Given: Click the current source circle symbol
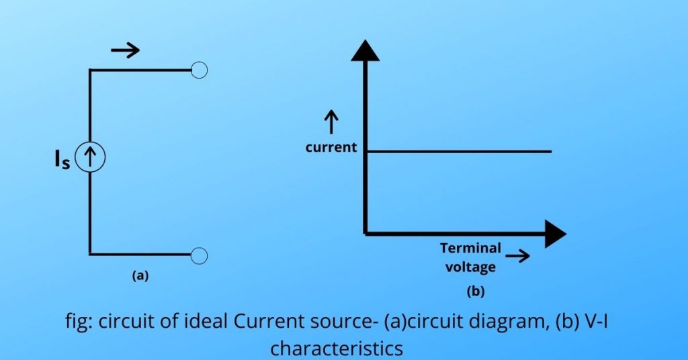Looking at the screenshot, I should coord(90,159).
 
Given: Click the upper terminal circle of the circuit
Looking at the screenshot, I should coord(199,70).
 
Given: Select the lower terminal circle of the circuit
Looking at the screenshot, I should coord(199,255).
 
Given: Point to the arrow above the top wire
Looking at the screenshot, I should coord(125,50).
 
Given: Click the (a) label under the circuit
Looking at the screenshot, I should coord(140,275).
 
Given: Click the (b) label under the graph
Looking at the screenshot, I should coord(475,291).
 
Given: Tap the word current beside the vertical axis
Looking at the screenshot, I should coord(331,147).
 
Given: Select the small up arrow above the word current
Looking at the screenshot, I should coord(331,123).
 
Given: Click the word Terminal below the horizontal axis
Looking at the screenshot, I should coord(470,248).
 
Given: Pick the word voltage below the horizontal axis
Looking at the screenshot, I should coord(470,267).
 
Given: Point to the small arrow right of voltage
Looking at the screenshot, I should coord(517,257).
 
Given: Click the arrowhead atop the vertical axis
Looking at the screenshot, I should coord(365,50).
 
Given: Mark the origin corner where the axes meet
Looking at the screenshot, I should coord(365,232).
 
